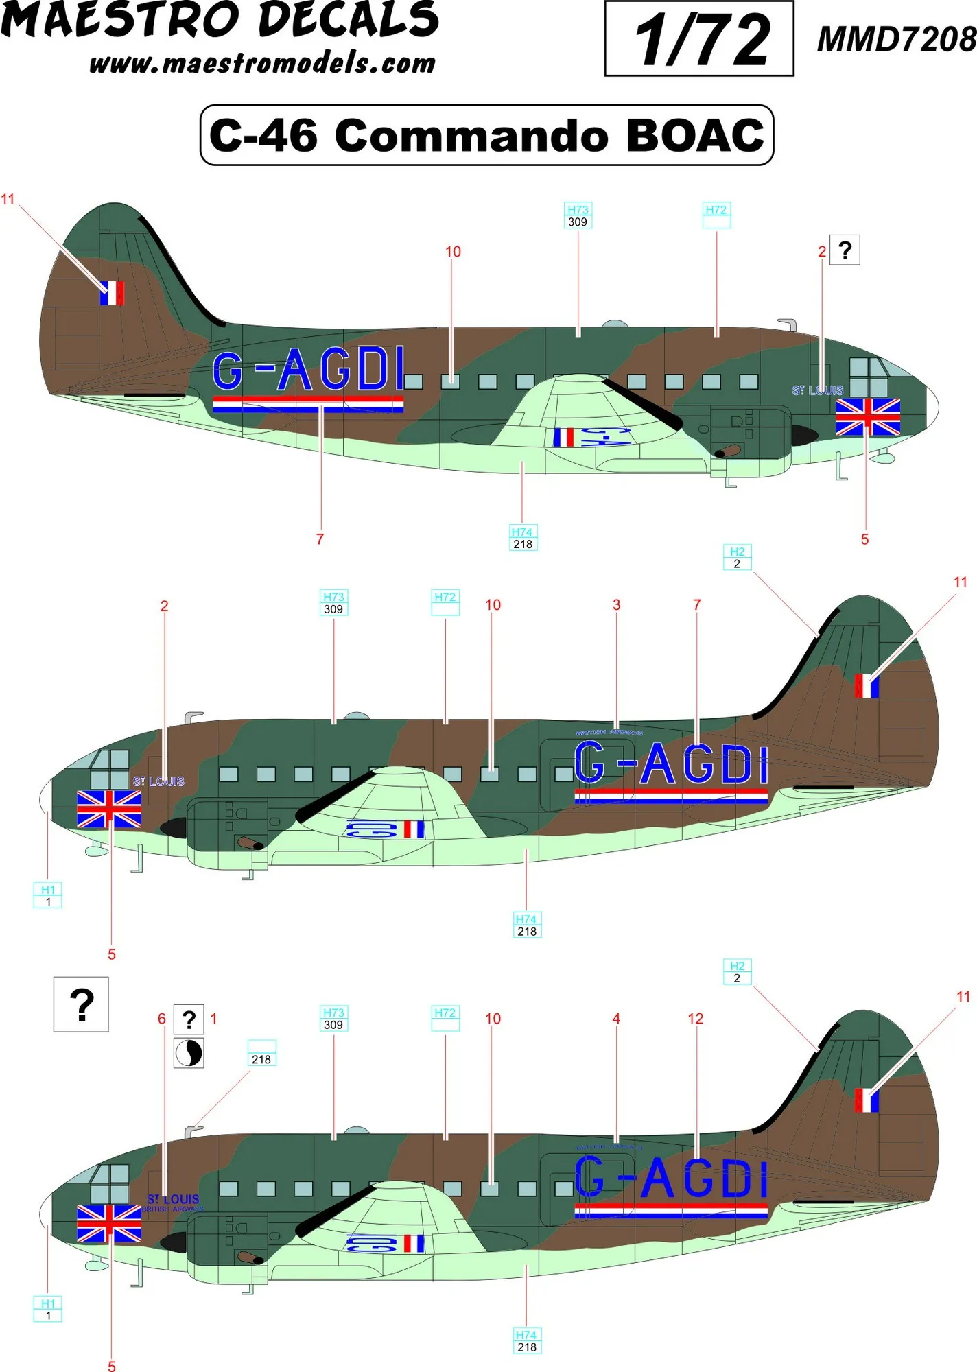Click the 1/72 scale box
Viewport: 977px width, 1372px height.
(x=698, y=39)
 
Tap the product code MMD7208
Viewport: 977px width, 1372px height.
(x=896, y=39)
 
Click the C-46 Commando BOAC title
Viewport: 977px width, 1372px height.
(x=486, y=135)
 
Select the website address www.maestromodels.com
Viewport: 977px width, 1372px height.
(x=262, y=64)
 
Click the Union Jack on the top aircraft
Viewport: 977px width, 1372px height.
(x=867, y=417)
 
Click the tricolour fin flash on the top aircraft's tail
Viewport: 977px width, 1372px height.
(x=112, y=293)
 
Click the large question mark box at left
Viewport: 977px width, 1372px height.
(x=81, y=1004)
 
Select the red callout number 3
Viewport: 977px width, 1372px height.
(x=616, y=605)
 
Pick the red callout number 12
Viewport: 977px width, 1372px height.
(x=695, y=1019)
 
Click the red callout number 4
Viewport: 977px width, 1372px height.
(x=616, y=1019)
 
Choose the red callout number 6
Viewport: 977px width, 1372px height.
(x=162, y=1019)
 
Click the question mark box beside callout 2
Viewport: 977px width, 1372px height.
(x=845, y=250)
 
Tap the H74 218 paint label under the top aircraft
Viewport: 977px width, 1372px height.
(x=522, y=538)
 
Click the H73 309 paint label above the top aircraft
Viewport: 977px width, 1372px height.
(x=578, y=215)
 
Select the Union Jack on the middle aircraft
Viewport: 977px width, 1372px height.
(x=109, y=809)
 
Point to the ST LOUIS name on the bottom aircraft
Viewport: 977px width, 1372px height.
(x=173, y=1198)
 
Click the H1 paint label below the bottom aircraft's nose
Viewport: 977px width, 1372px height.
(x=47, y=1309)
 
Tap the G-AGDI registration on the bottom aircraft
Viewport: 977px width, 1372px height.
(x=671, y=1178)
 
